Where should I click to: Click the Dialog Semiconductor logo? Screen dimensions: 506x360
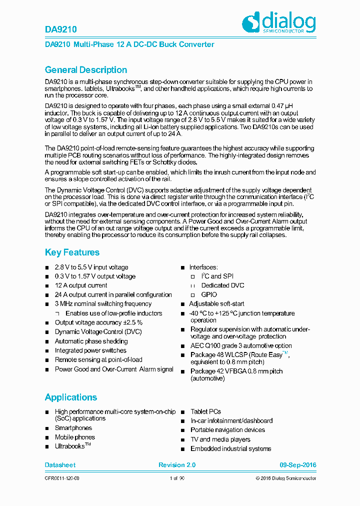click(x=278, y=23)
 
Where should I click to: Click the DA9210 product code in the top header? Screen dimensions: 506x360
click(x=60, y=29)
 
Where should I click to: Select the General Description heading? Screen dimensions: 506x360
click(x=85, y=70)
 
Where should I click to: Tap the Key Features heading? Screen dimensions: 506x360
click(x=72, y=252)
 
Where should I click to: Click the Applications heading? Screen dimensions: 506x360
click(x=70, y=397)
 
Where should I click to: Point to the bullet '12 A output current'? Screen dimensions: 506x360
click(x=80, y=285)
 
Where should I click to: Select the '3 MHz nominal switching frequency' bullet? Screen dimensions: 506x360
click(x=103, y=303)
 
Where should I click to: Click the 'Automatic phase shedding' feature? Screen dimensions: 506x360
click(x=91, y=341)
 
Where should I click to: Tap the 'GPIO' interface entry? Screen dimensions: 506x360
click(x=209, y=294)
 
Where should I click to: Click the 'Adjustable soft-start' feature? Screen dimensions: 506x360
click(x=216, y=303)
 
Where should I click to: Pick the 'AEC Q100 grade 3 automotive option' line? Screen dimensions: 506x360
click(x=241, y=345)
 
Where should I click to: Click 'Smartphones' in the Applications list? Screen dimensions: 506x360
click(x=73, y=428)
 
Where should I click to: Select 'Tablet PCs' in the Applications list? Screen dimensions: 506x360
click(x=205, y=411)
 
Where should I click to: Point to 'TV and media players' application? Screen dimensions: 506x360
click(x=220, y=439)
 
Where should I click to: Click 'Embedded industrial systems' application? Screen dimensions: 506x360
click(x=230, y=448)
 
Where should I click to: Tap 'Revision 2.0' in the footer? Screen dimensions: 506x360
click(x=177, y=465)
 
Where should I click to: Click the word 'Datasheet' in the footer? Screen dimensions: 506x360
click(x=60, y=465)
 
